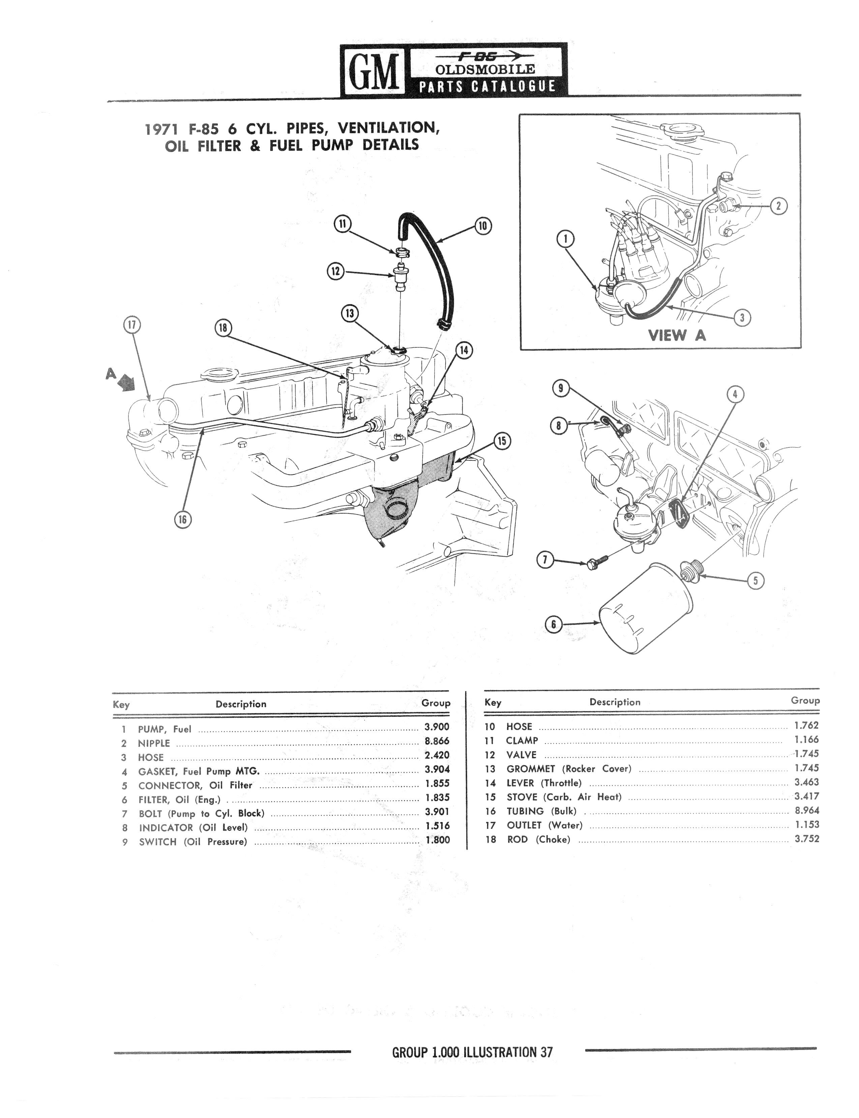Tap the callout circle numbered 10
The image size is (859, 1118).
coord(483,225)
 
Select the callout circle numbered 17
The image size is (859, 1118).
coord(132,324)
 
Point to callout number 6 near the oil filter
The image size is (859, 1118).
coord(553,624)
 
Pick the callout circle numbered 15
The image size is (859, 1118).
coord(502,440)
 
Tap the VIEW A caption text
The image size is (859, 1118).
coord(677,335)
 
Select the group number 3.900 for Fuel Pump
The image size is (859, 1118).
coord(437,726)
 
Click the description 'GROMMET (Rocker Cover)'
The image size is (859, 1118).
coord(569,769)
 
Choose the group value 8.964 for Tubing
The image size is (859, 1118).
coord(807,810)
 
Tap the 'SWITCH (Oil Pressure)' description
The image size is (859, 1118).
coord(193,842)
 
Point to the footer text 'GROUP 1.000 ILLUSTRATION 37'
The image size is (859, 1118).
coord(472,1053)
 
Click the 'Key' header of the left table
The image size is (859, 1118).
coord(121,705)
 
